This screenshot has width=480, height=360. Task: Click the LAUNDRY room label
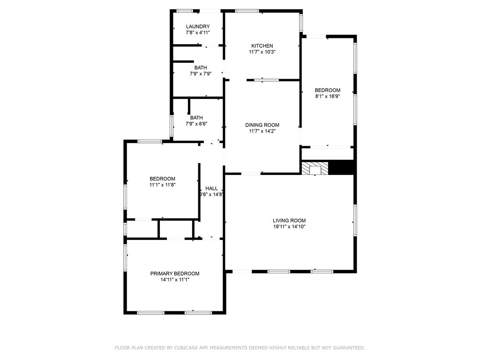click(x=197, y=27)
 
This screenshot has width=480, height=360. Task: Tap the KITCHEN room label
click(x=262, y=46)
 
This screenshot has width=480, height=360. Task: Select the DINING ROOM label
click(x=262, y=125)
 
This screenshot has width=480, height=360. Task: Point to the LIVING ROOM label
click(x=289, y=220)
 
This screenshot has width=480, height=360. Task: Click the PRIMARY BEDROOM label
click(x=174, y=274)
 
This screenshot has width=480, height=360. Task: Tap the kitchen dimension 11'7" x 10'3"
click(x=262, y=52)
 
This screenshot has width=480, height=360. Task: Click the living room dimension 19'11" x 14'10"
click(x=289, y=226)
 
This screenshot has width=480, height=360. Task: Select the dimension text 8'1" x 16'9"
click(x=327, y=96)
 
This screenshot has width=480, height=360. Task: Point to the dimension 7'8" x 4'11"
click(x=197, y=32)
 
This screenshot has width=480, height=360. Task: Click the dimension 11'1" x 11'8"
click(x=162, y=185)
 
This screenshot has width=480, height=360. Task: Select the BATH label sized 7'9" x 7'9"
click(x=201, y=68)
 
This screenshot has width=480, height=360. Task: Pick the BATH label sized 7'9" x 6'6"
click(x=196, y=118)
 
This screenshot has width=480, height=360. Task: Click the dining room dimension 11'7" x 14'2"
click(x=262, y=131)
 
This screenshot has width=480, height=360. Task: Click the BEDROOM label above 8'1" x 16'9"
click(x=327, y=90)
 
